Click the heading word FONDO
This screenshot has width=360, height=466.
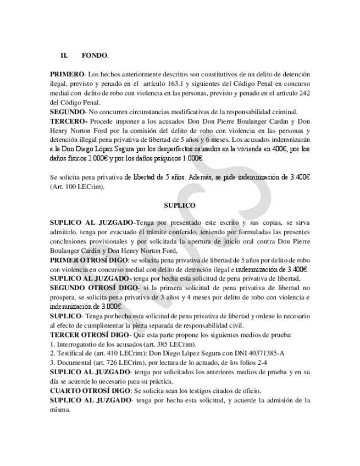(x=94, y=56)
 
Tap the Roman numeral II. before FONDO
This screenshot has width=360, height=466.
(x=64, y=56)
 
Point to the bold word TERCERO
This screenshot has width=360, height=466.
(x=68, y=120)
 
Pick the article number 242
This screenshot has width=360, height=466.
(x=304, y=92)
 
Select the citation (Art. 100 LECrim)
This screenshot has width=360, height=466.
(x=77, y=186)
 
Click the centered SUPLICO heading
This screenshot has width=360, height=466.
(x=180, y=205)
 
